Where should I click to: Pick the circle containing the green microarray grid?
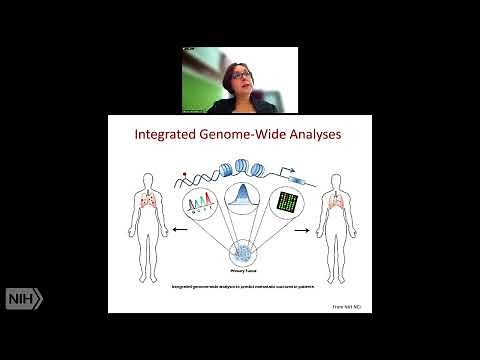tap(281, 208)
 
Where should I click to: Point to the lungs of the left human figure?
tap(143, 205)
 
